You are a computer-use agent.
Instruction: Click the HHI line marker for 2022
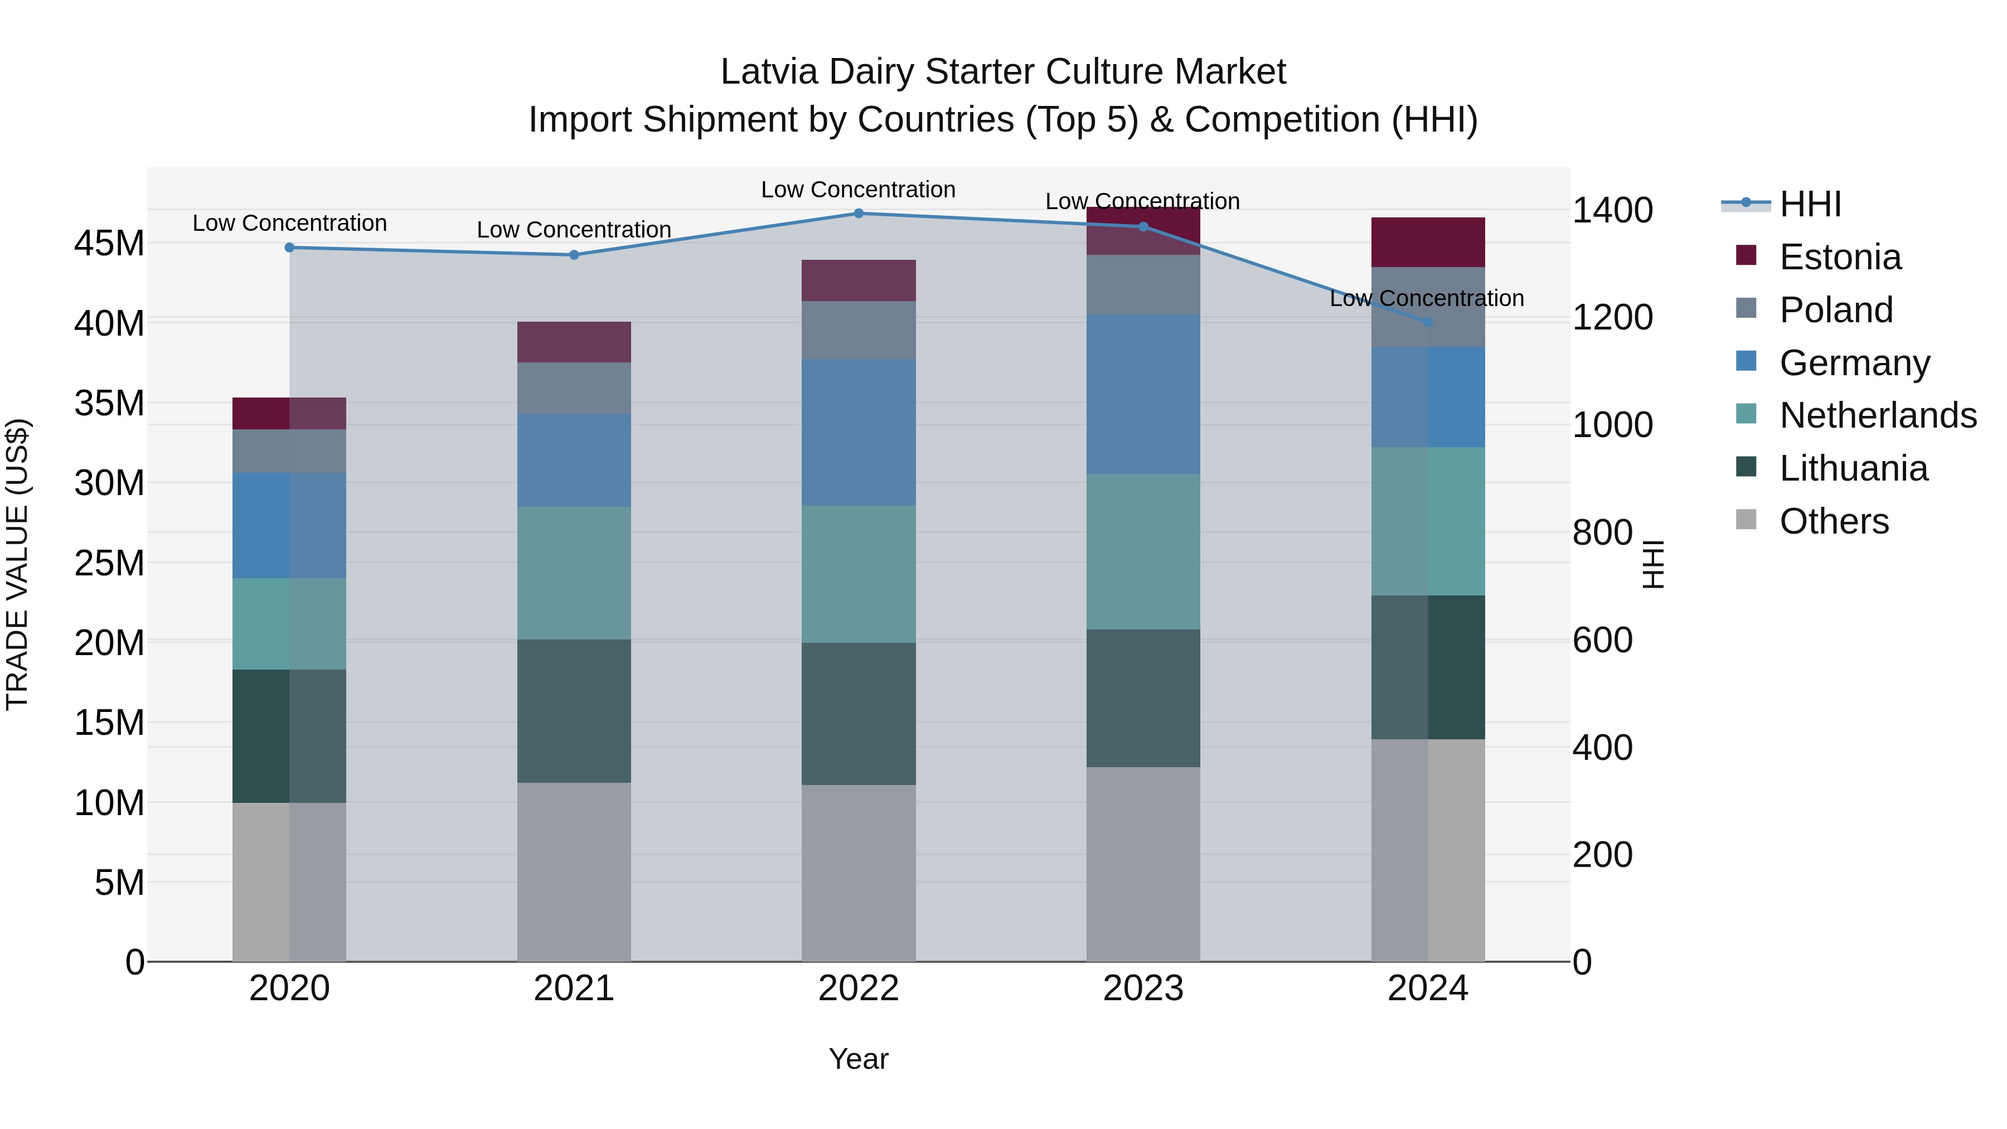(859, 213)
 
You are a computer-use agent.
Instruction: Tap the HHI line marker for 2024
(1427, 322)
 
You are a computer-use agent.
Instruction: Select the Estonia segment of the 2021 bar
(574, 342)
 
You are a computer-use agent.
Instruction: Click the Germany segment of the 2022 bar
(859, 433)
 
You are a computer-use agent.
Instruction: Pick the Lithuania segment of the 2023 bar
(1143, 698)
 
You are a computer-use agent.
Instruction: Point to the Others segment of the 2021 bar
(574, 872)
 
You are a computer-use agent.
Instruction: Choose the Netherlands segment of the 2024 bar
(1427, 521)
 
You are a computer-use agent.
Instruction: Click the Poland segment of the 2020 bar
(289, 451)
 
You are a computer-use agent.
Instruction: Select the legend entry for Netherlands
(1878, 415)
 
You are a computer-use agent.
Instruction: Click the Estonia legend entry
(1840, 257)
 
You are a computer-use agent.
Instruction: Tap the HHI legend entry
(1810, 204)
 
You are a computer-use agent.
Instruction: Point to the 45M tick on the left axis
(109, 244)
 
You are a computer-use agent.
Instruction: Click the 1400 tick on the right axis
(1612, 210)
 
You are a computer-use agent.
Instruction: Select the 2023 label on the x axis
(1143, 989)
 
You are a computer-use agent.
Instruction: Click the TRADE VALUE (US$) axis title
(17, 564)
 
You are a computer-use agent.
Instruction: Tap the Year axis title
(859, 1059)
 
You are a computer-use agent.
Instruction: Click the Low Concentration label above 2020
(289, 224)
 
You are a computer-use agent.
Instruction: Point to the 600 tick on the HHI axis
(1602, 641)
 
